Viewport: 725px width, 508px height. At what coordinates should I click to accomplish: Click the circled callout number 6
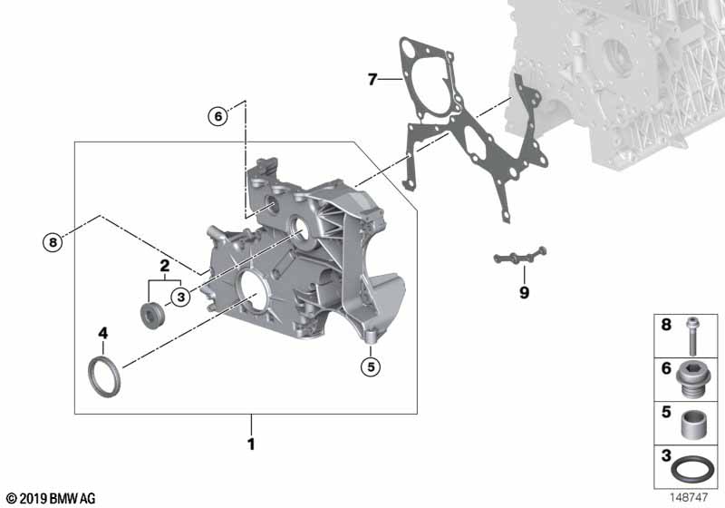pyautogui.click(x=218, y=116)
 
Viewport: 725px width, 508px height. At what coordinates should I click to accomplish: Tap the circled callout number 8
pyautogui.click(x=53, y=242)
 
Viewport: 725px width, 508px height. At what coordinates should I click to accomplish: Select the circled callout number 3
pyautogui.click(x=180, y=297)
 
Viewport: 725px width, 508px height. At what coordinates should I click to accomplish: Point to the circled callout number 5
pyautogui.click(x=371, y=366)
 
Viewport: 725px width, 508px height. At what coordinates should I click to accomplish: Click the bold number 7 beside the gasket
pyautogui.click(x=372, y=80)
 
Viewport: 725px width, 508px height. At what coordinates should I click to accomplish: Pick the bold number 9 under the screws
pyautogui.click(x=524, y=292)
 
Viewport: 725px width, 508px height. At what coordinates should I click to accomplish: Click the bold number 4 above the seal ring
pyautogui.click(x=102, y=333)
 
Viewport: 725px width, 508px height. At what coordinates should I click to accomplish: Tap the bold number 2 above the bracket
pyautogui.click(x=165, y=266)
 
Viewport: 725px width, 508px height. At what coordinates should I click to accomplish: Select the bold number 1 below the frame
pyautogui.click(x=251, y=444)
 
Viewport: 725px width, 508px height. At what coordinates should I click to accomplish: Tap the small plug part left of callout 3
pyautogui.click(x=151, y=315)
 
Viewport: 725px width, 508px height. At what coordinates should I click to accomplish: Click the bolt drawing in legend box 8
pyautogui.click(x=692, y=337)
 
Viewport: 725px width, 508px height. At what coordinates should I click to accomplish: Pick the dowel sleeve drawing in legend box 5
pyautogui.click(x=693, y=425)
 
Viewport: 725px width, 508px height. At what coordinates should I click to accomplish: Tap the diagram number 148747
pyautogui.click(x=689, y=497)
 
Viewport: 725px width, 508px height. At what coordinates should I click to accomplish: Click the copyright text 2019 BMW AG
pyautogui.click(x=58, y=498)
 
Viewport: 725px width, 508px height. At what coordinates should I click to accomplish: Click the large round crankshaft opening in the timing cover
pyautogui.click(x=254, y=290)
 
